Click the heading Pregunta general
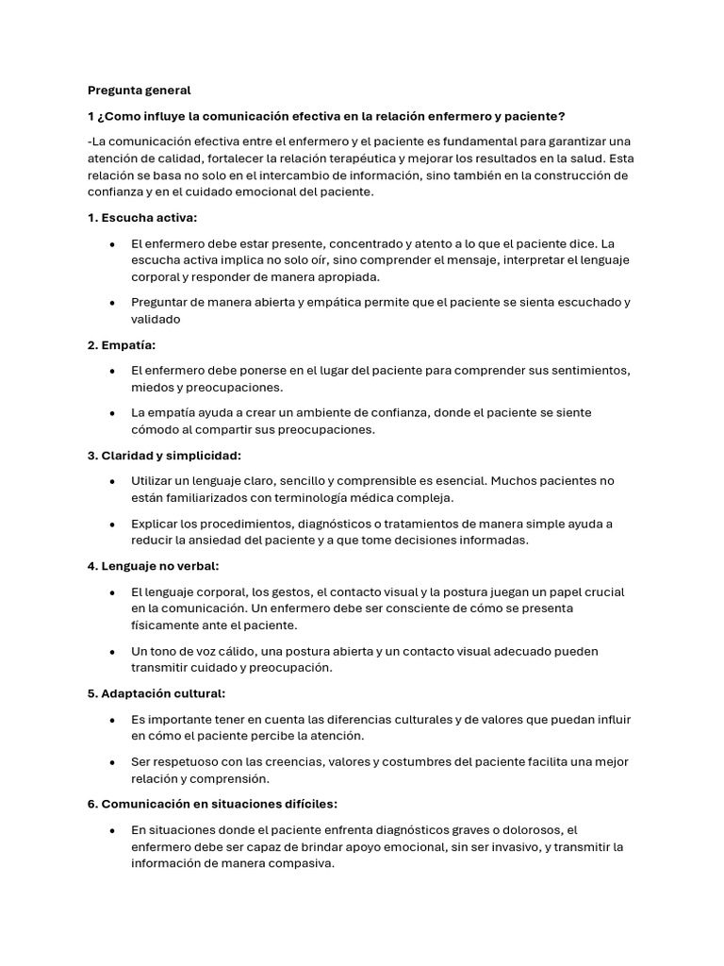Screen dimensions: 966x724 [139, 91]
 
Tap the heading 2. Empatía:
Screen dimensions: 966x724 [122, 345]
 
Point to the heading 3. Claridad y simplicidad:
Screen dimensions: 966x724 [165, 456]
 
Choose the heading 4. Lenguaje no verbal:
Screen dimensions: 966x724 [153, 566]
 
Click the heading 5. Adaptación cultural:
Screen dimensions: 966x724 [156, 693]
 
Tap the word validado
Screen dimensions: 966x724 [156, 320]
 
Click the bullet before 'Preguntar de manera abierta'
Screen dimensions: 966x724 [113, 303]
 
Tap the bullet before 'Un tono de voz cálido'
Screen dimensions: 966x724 [113, 651]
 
